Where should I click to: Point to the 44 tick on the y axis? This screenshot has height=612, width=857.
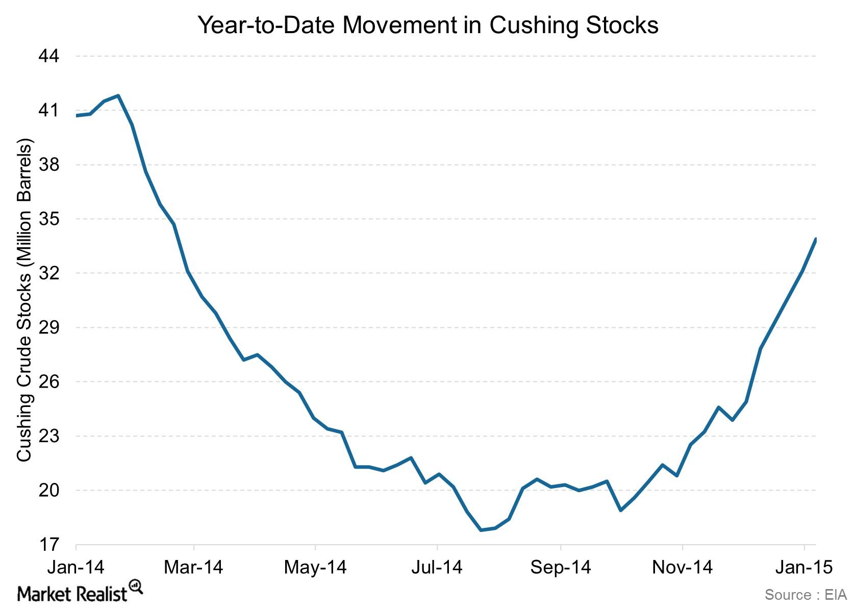49,56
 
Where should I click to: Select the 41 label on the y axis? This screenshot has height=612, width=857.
49,110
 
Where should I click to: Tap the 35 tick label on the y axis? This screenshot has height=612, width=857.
49,219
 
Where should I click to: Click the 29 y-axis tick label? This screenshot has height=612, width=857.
49,327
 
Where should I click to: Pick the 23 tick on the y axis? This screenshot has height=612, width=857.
49,436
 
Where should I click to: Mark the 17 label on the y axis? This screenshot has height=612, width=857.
49,545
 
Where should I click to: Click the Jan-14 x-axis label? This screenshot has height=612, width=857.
75,567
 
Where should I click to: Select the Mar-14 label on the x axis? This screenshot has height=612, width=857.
193,567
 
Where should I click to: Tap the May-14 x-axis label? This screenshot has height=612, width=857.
315,567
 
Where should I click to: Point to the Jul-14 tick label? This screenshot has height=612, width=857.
437,567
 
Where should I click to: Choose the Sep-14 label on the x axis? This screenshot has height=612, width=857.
560,567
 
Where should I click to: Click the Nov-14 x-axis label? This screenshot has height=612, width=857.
682,567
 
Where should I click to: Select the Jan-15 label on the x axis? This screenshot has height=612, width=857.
804,567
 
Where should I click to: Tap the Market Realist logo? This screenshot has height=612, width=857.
80,593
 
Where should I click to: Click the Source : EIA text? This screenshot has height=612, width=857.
805,595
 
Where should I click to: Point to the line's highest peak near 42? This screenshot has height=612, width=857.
118,95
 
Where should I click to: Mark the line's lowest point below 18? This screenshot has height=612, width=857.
481,530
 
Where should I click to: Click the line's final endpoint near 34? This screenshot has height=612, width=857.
816,239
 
